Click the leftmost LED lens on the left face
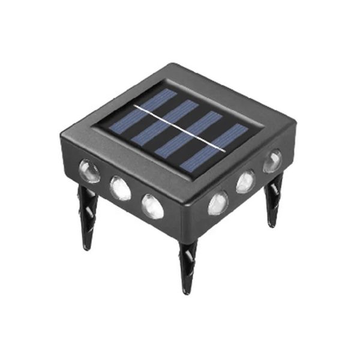point(89,170)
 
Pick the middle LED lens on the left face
point(121,188)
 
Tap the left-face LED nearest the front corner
point(152,206)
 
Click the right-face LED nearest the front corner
point(218,203)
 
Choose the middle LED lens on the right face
point(245,181)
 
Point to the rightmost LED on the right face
point(272,161)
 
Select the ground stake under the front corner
point(187,264)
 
